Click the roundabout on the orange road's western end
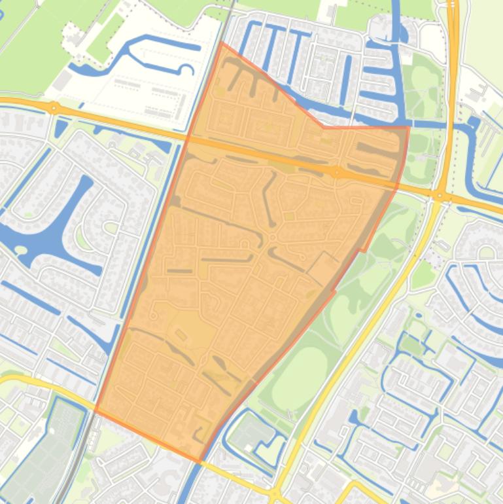click(54, 107)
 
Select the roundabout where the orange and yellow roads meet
click(440, 194)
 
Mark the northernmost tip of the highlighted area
click(221, 43)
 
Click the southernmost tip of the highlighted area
click(200, 463)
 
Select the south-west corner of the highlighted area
click(95, 411)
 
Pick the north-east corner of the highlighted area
click(408, 128)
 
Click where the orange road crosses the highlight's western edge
click(190, 137)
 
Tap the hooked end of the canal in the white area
click(188, 69)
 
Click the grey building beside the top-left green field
click(64, 81)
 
